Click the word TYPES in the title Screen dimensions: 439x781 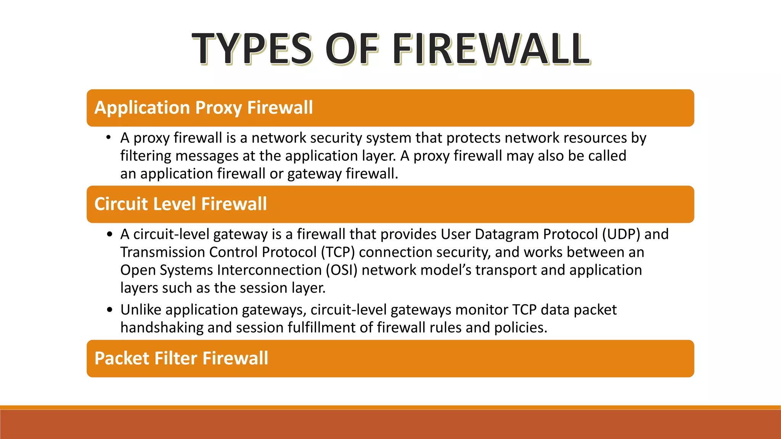tap(252, 49)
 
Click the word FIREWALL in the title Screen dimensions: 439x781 tap(491, 49)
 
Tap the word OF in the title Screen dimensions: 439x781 tap(352, 49)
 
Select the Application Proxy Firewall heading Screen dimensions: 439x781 tap(204, 108)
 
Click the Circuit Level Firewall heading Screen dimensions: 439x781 tap(180, 204)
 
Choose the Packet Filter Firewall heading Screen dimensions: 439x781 tap(181, 359)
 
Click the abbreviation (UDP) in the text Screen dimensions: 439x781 tap(621, 234)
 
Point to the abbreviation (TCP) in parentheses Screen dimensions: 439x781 tap(338, 252)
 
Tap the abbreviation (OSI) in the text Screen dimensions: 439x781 tap(341, 270)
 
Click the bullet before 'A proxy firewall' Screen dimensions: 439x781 tap(109, 138)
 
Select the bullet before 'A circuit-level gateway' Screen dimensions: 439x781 tap(110, 234)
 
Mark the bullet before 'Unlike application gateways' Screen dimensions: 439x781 tap(110, 310)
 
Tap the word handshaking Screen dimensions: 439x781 tap(162, 328)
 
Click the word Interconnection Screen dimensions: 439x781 tap(269, 270)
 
